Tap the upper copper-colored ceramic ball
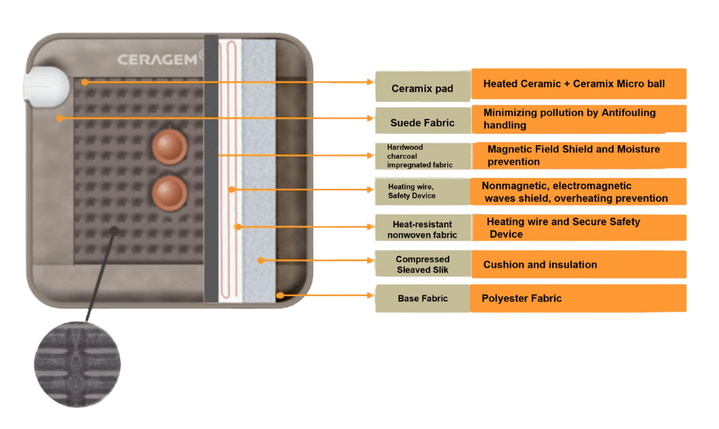coord(170,147)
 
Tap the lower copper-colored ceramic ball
coord(170,193)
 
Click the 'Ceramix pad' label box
coord(422,89)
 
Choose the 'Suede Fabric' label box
coord(422,122)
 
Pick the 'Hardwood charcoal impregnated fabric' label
coord(422,156)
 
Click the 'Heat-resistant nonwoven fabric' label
coord(422,229)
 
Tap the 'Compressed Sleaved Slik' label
coord(422,264)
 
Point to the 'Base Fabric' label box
coord(422,298)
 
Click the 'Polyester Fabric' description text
coord(522,298)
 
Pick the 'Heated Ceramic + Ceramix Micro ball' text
coord(574,84)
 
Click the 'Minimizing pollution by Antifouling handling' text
coord(569,119)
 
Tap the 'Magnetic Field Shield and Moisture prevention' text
coord(573,155)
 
